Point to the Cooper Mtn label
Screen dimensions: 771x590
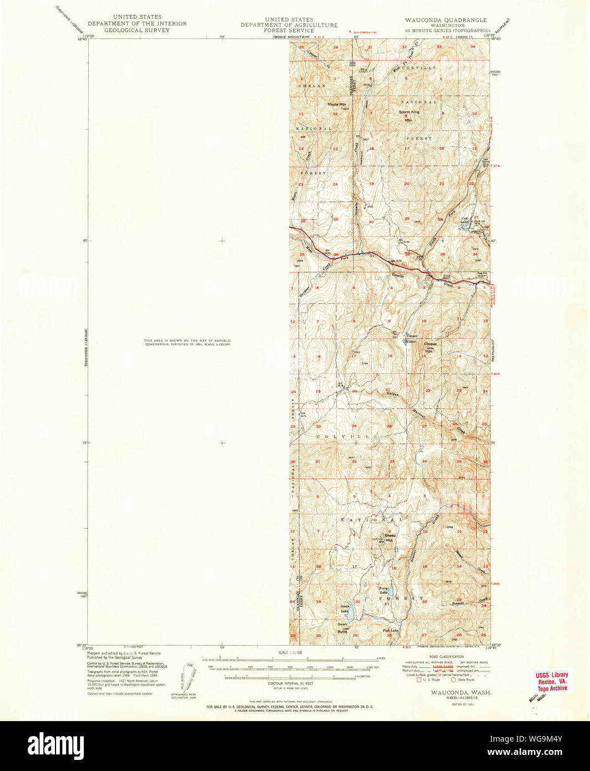pos(430,347)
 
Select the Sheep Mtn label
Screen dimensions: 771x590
pos(390,537)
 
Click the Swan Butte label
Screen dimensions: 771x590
pos(342,626)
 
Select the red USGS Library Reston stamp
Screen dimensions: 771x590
pos(551,681)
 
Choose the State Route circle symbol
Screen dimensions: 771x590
pos(453,679)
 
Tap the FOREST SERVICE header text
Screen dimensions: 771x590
pos(289,31)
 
